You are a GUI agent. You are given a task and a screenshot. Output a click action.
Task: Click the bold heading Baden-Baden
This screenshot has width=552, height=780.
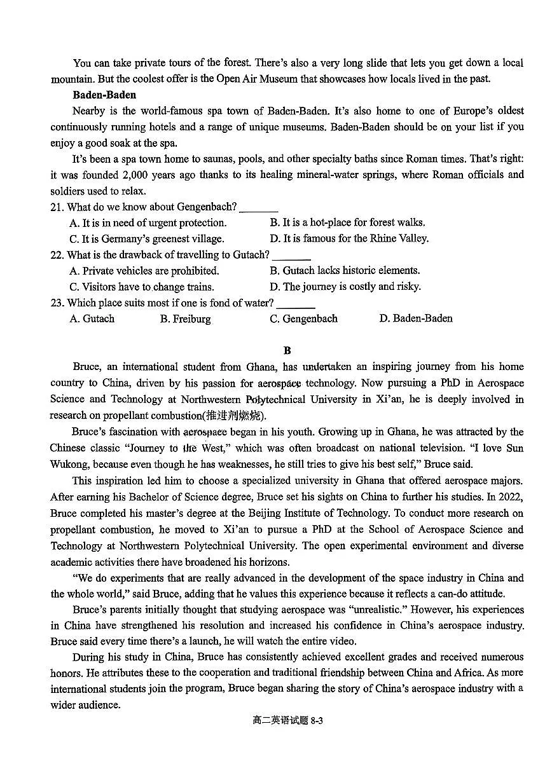point(104,95)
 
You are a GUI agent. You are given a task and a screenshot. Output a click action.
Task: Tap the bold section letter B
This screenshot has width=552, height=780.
point(287,350)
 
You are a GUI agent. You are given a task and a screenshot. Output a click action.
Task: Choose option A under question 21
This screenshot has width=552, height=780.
point(148,222)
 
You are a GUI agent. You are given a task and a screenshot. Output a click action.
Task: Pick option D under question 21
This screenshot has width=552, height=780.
point(349,238)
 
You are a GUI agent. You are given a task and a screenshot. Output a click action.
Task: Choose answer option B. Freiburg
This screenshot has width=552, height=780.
point(185,318)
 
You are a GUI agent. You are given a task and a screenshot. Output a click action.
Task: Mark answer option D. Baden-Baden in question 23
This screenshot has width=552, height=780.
point(416,318)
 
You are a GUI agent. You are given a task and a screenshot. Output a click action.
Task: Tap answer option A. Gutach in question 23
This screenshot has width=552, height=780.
point(92,318)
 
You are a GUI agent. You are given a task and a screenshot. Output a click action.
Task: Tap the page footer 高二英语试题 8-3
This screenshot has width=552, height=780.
point(288,720)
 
